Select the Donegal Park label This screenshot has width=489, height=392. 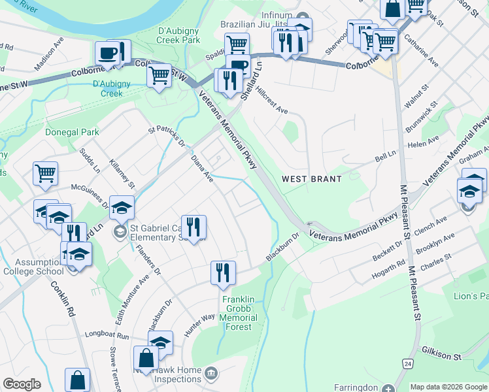click(x=72, y=132)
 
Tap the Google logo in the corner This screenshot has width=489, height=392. click(x=22, y=384)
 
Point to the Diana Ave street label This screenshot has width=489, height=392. click(x=202, y=168)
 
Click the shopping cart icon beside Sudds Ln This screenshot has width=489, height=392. click(x=46, y=174)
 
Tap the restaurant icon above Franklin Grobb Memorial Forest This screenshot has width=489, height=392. click(x=223, y=272)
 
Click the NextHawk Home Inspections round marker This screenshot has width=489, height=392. click(x=211, y=374)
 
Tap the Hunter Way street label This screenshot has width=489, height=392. click(x=199, y=324)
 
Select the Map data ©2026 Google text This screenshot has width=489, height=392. click(x=448, y=386)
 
